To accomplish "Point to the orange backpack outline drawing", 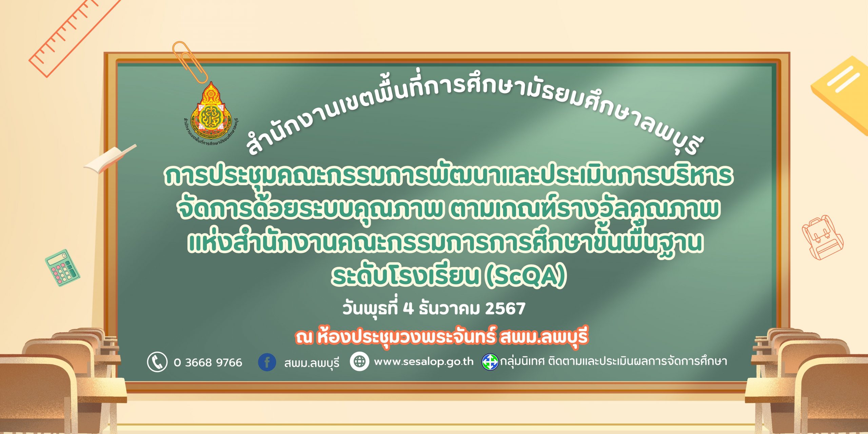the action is point(822,237).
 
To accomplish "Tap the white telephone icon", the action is point(157,362).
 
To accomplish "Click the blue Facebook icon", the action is point(267,362).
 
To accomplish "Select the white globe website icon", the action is point(359,361).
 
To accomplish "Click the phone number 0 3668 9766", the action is point(208,362).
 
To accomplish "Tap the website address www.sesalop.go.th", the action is point(423,361).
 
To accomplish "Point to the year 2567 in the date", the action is point(505,309).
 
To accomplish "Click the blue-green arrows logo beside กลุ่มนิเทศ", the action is point(490,362).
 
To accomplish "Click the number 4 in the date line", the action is point(409,309).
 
